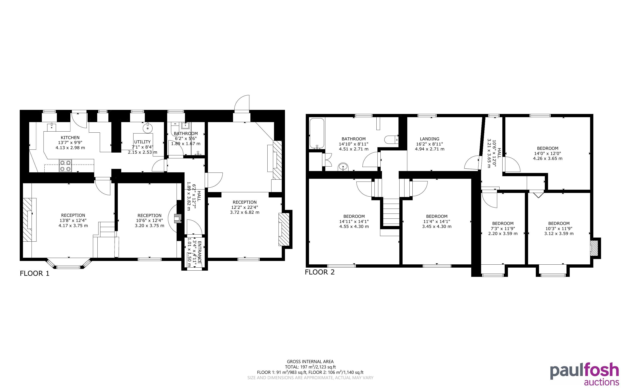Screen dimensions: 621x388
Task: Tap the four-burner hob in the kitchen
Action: coord(65,165)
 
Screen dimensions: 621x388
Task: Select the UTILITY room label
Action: coord(142,142)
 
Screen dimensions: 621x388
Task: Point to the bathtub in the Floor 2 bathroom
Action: coord(317,133)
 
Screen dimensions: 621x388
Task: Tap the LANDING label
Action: coord(429,139)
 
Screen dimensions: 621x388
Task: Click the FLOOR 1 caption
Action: coord(34,274)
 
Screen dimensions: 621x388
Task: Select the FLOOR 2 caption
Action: coord(320,272)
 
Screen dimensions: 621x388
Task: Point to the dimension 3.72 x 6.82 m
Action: coord(244,212)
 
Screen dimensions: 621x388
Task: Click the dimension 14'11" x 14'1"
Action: coord(354,221)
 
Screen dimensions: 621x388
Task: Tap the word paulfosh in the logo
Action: coord(585,371)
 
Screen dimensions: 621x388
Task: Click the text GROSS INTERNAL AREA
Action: coord(310,362)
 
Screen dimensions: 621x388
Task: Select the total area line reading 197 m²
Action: coord(310,367)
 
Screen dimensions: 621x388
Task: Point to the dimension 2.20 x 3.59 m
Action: coord(503,233)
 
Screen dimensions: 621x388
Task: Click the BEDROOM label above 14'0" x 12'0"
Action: coord(548,148)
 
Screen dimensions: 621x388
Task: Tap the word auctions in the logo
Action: coord(601,382)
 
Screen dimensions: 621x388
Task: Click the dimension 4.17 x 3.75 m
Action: coord(73,226)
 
